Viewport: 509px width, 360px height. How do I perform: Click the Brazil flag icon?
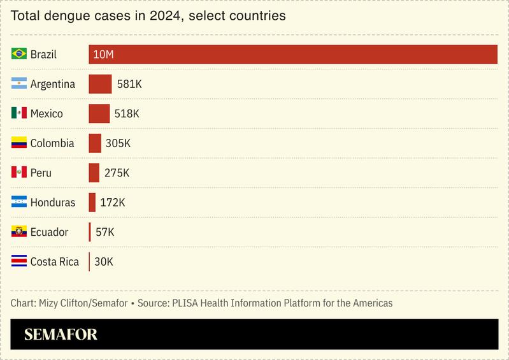click(x=19, y=54)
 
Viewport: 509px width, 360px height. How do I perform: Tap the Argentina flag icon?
click(x=19, y=83)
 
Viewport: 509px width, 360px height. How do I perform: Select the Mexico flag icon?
click(x=19, y=113)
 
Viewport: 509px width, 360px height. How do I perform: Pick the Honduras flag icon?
click(x=19, y=202)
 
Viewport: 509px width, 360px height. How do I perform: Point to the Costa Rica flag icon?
click(x=19, y=261)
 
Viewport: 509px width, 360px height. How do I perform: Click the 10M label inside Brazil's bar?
click(x=103, y=54)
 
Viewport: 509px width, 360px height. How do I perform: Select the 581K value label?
click(x=129, y=84)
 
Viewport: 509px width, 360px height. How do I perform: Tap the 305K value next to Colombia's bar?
click(x=118, y=143)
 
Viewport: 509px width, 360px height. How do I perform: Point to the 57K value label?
click(x=104, y=232)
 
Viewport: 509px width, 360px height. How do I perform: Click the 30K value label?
click(x=104, y=262)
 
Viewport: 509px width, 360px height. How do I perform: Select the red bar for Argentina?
click(x=100, y=84)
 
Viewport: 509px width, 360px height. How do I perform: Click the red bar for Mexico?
click(x=99, y=113)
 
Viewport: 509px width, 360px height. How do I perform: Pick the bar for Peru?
click(x=94, y=173)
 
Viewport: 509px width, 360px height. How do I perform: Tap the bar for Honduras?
click(x=92, y=202)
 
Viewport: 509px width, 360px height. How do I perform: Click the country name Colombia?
click(x=52, y=143)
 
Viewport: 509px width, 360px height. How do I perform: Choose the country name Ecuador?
click(x=49, y=232)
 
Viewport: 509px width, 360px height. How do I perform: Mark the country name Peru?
click(x=41, y=173)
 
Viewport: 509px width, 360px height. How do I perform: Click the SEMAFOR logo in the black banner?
click(x=61, y=335)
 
